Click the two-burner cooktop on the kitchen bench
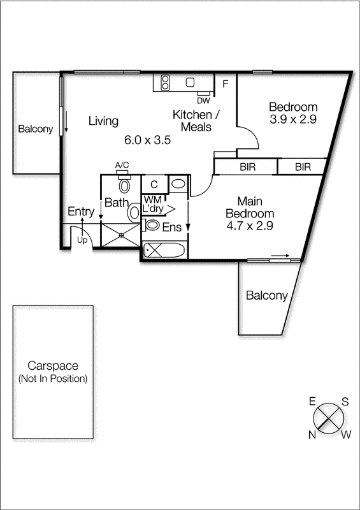tap(165, 82)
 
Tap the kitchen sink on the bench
tap(189, 82)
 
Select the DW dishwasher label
tap(203, 101)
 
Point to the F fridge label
tap(225, 83)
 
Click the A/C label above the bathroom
tap(122, 166)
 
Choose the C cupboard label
tap(154, 184)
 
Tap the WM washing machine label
tap(152, 199)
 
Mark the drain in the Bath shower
tap(120, 233)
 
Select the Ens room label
tap(172, 227)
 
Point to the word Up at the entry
tap(82, 241)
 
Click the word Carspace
tap(53, 366)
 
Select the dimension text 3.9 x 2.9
tap(293, 119)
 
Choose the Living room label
tap(103, 120)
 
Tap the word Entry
tap(81, 212)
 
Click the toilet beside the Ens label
tap(152, 225)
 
